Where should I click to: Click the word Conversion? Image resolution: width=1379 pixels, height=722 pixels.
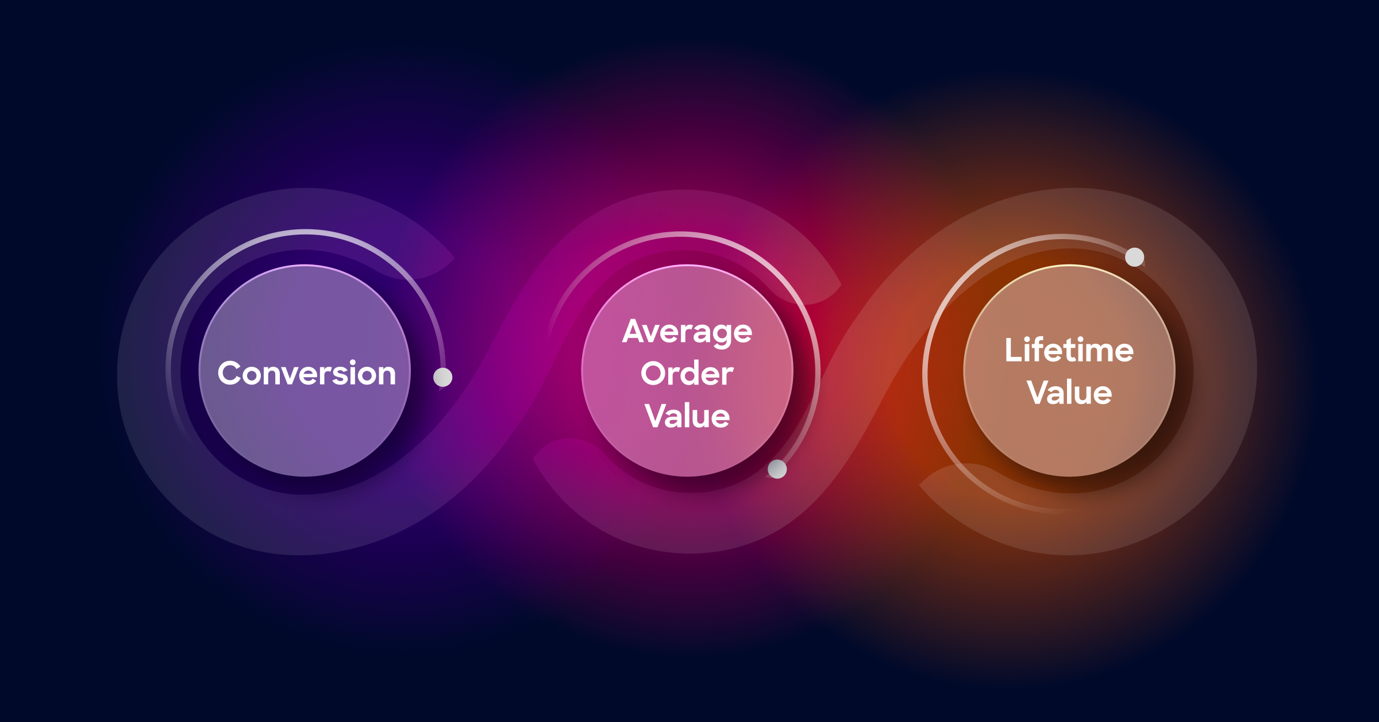pos(307,374)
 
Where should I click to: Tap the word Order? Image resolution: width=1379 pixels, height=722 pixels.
pos(687,374)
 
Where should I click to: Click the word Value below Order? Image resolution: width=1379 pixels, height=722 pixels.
pos(687,416)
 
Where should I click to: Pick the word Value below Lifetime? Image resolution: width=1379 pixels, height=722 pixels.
pos(1069,393)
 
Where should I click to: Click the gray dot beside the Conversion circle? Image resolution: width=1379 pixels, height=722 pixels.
pos(442,377)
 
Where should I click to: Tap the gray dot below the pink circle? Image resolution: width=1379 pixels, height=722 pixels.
pos(777,469)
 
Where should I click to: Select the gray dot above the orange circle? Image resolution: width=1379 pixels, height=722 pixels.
pos(1134,257)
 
